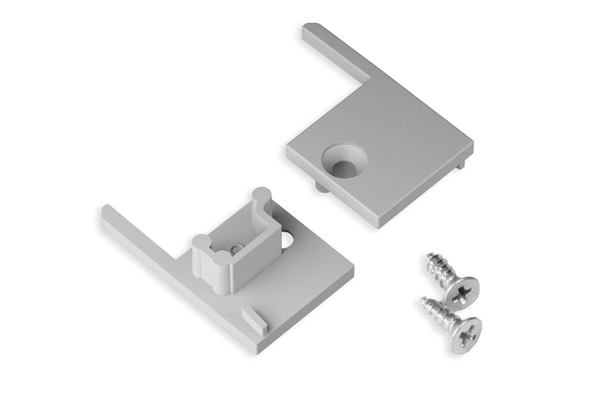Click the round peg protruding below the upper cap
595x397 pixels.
point(320,187)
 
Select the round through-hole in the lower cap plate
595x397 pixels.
point(289,240)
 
